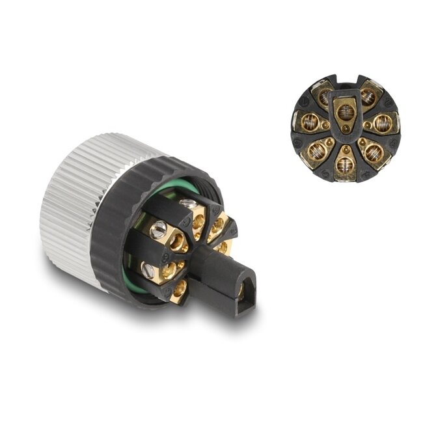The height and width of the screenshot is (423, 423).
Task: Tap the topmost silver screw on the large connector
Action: (189, 204)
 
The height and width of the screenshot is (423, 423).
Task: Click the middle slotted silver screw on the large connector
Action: (157, 229)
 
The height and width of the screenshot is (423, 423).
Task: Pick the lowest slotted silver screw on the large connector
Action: (148, 268)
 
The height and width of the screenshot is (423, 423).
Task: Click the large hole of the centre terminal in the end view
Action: (346, 112)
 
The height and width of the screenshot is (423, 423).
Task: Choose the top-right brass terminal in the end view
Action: (368, 96)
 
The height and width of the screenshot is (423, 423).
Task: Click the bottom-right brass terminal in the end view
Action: (374, 151)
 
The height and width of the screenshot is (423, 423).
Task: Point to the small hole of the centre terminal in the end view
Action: (346, 129)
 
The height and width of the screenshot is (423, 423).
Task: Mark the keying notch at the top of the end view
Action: (346, 81)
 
